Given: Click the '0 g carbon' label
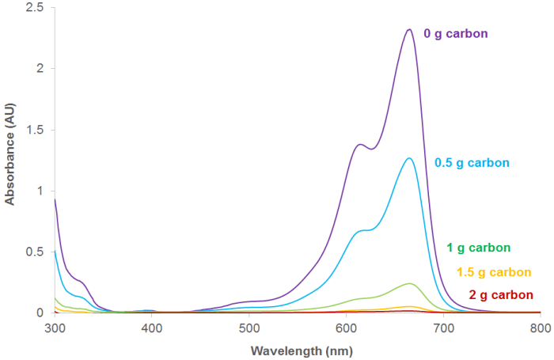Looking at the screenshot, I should coord(456,34).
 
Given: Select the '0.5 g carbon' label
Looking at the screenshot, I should coord(472,163).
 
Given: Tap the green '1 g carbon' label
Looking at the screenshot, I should coord(484,248).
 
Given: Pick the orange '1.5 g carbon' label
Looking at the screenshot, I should coord(495,272).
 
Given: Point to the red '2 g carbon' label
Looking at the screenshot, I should coord(501,295).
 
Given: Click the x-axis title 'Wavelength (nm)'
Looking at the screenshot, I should coord(296,349).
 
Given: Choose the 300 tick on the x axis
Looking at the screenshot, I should coord(54,327).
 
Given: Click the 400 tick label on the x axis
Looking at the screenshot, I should coord(151,327).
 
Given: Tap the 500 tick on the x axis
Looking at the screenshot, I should coord(249,327).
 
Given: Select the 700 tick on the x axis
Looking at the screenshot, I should coord(443,327).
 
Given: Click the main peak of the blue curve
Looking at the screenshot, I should coord(409,158).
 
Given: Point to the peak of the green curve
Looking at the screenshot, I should coord(409,283).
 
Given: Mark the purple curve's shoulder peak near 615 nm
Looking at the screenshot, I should coord(360,144).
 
